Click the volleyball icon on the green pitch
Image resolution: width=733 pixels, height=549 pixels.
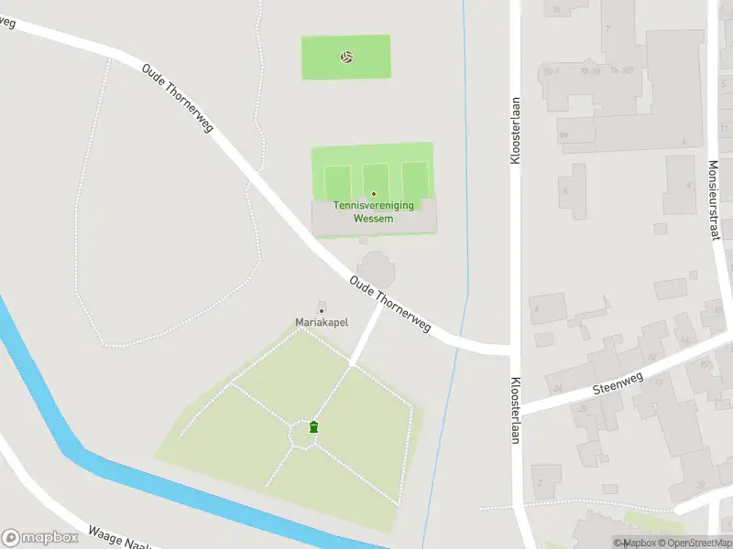346,57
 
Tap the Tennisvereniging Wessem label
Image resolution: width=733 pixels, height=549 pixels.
373,212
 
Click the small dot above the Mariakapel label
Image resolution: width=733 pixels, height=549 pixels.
321,311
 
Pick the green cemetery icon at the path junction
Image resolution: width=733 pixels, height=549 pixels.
314,426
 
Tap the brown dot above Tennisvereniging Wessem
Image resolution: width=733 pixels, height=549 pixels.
373,194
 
